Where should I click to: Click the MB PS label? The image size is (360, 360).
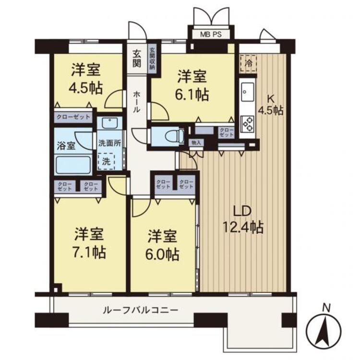point(211,35)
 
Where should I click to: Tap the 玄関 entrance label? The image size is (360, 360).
point(137,59)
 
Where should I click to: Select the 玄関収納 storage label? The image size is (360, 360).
point(152,59)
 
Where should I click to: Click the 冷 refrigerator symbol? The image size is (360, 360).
point(248,63)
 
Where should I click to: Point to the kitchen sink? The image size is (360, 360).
point(248,92)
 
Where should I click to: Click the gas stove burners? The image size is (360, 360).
point(248,124)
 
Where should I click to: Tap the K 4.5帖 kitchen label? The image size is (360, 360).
point(271,106)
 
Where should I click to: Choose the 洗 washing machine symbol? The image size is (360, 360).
point(106,161)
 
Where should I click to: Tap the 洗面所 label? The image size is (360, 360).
point(110,143)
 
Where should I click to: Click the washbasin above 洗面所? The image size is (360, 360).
point(109,123)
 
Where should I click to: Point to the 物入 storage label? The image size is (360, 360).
point(196,143)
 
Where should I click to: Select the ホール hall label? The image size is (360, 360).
point(136,102)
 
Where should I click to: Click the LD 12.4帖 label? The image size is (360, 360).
point(243,219)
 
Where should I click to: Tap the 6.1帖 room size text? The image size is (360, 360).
point(192,95)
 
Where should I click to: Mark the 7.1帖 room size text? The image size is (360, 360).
point(89,252)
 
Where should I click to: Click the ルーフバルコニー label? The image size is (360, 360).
point(140,311)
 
